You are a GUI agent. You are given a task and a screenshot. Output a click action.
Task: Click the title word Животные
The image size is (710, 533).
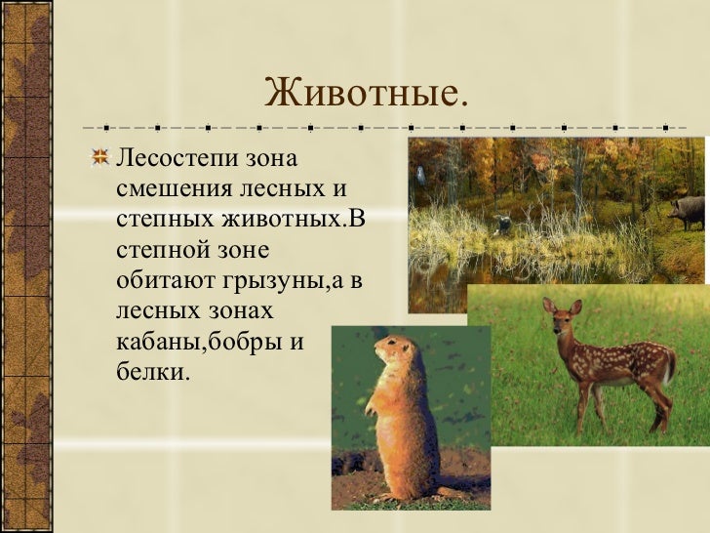366,95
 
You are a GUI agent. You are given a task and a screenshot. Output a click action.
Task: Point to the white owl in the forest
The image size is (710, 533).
421,175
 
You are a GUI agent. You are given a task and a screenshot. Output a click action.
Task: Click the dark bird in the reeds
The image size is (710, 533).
502,224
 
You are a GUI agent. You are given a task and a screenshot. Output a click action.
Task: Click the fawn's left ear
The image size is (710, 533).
549,305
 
